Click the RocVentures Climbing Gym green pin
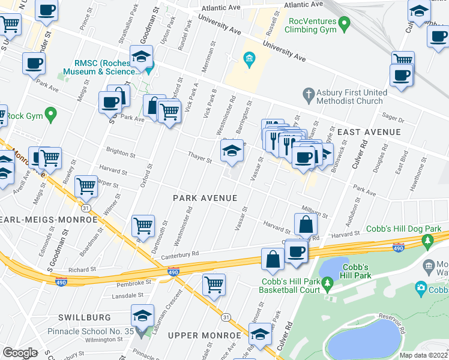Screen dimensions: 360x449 [344, 24]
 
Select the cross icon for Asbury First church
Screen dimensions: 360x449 [309, 94]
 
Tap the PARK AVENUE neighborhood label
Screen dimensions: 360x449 [205, 197]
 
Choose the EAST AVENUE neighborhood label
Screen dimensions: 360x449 [368, 132]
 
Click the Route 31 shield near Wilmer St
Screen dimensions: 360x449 [87, 207]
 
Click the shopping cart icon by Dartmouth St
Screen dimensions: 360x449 [143, 226]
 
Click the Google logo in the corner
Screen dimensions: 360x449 [20, 353]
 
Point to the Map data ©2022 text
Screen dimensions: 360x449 [424, 355]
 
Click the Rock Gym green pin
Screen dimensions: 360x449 [50, 112]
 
